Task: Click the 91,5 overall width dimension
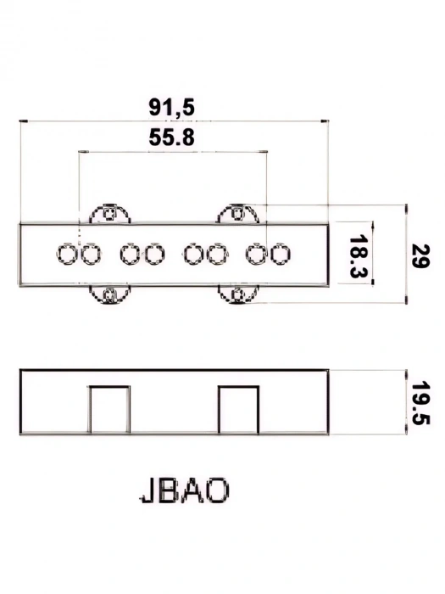[171, 107]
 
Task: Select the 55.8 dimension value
[171, 138]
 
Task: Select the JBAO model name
[184, 491]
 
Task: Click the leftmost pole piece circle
[67, 253]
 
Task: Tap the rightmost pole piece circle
[281, 253]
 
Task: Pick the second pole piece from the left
[91, 253]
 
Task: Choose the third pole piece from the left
[130, 253]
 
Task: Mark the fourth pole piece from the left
[153, 253]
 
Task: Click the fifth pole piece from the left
[194, 253]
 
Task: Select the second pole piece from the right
[257, 253]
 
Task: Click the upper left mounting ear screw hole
[108, 214]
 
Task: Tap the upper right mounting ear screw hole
[238, 214]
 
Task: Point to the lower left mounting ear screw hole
[108, 294]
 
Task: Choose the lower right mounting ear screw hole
[238, 294]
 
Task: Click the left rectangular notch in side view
[109, 410]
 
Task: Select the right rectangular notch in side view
[238, 410]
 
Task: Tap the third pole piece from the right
[217, 253]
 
